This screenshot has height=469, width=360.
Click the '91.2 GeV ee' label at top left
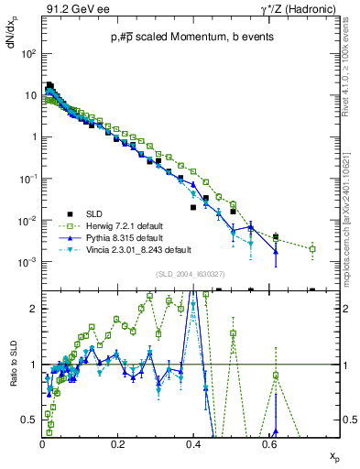tap(72, 10)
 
